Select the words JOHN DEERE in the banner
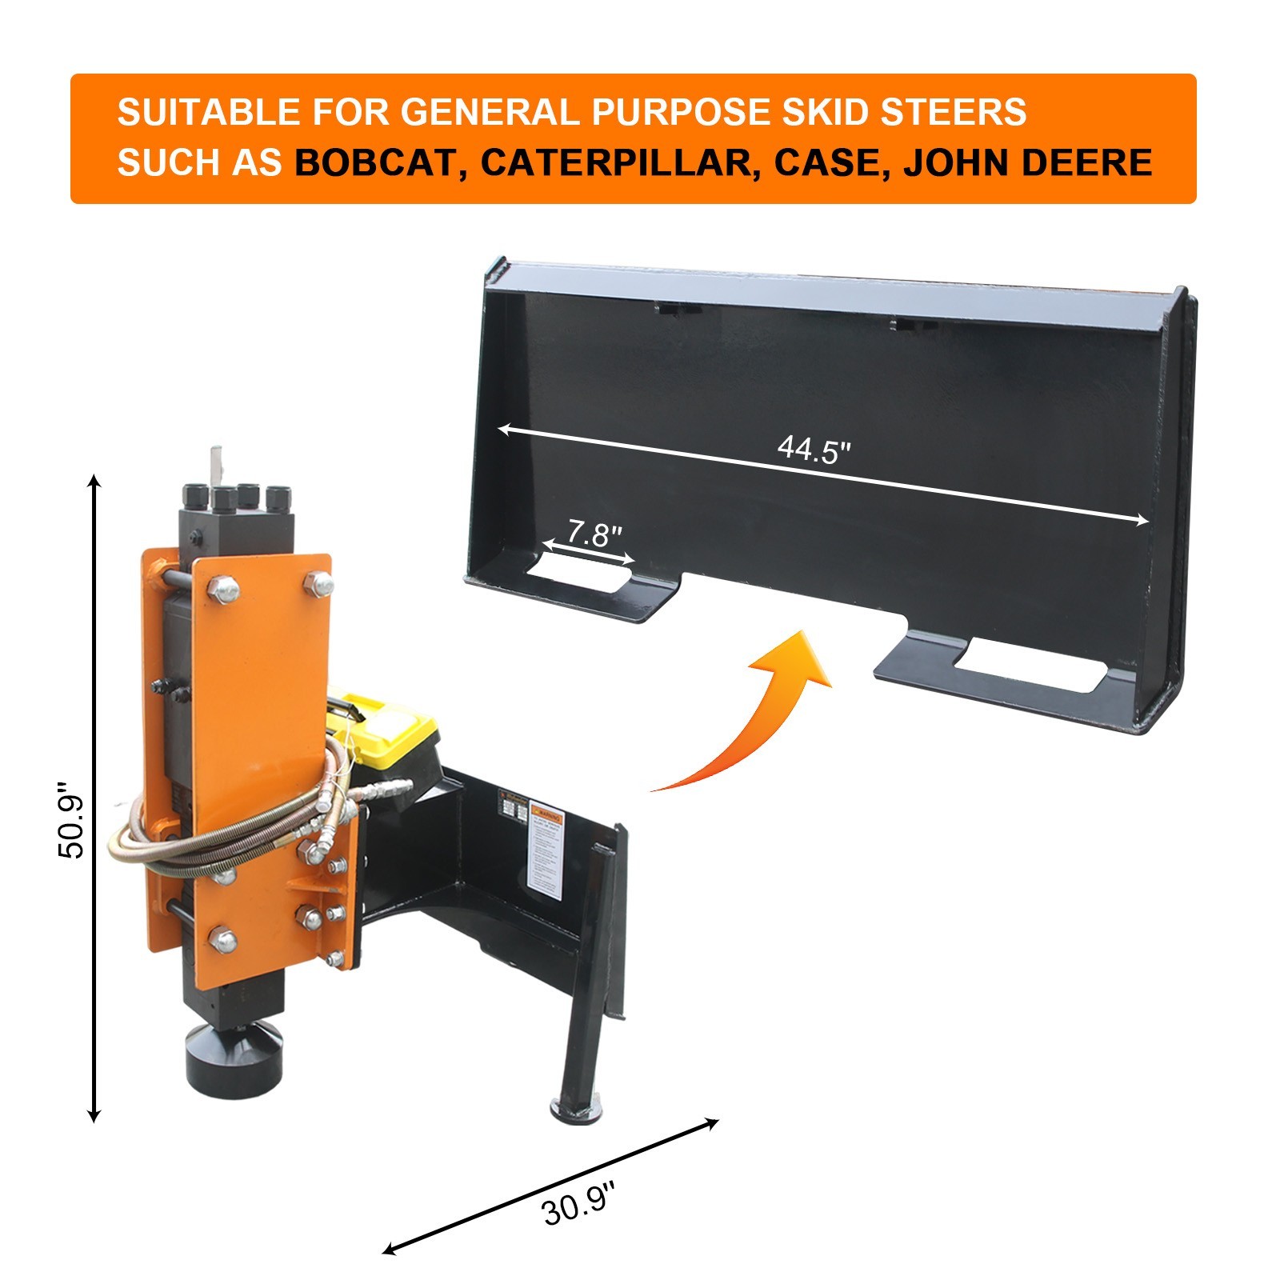(1027, 162)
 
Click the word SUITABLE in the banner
(208, 111)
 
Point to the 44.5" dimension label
(814, 450)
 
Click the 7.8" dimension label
(594, 534)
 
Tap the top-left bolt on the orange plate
(223, 590)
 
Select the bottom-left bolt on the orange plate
(222, 941)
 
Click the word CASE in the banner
(827, 162)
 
